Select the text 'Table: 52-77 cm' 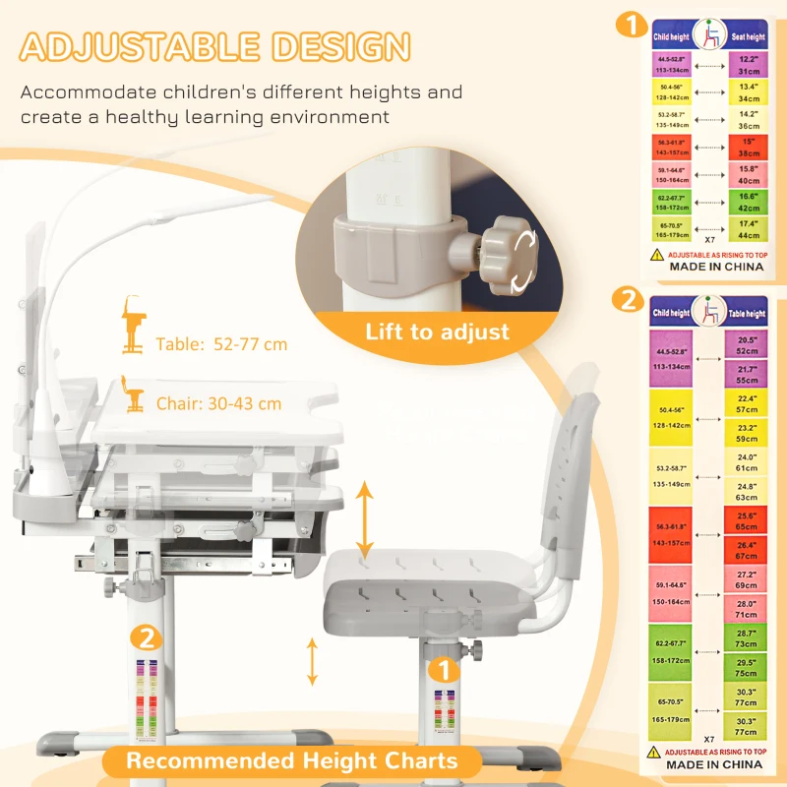point(221,344)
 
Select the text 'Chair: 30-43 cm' point(218,403)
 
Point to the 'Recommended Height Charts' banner point(291,760)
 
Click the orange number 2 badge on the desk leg point(146,636)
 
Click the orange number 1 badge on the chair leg point(444,671)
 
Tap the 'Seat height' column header point(747,37)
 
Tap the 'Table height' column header point(747,313)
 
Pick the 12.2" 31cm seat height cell point(747,65)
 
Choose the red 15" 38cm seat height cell point(747,148)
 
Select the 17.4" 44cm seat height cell point(747,230)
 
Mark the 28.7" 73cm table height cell point(747,637)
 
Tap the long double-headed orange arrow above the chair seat point(365,520)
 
